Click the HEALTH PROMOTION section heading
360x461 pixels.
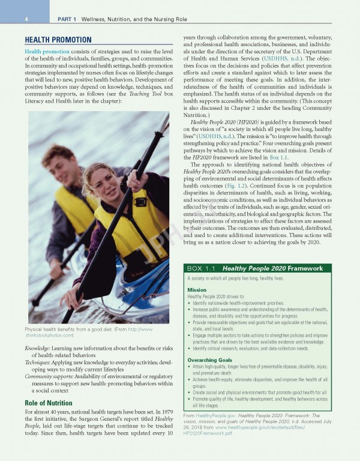[x=58, y=40]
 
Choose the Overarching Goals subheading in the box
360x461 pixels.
[x=210, y=360]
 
